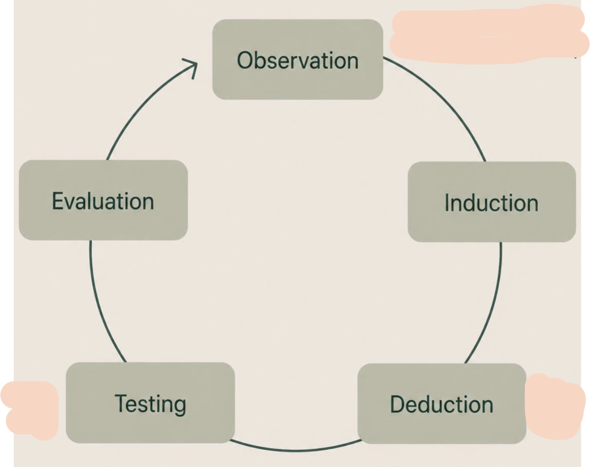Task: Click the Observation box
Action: click(x=298, y=60)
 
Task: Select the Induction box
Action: click(x=492, y=202)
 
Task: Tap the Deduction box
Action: click(x=441, y=404)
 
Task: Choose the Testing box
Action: click(x=150, y=402)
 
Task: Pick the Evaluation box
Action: click(x=103, y=200)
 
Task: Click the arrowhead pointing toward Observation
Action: click(x=191, y=68)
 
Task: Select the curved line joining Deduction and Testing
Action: click(x=296, y=451)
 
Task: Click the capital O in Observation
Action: click(x=245, y=60)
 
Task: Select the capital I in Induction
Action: click(x=447, y=202)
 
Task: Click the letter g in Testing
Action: click(x=179, y=407)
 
